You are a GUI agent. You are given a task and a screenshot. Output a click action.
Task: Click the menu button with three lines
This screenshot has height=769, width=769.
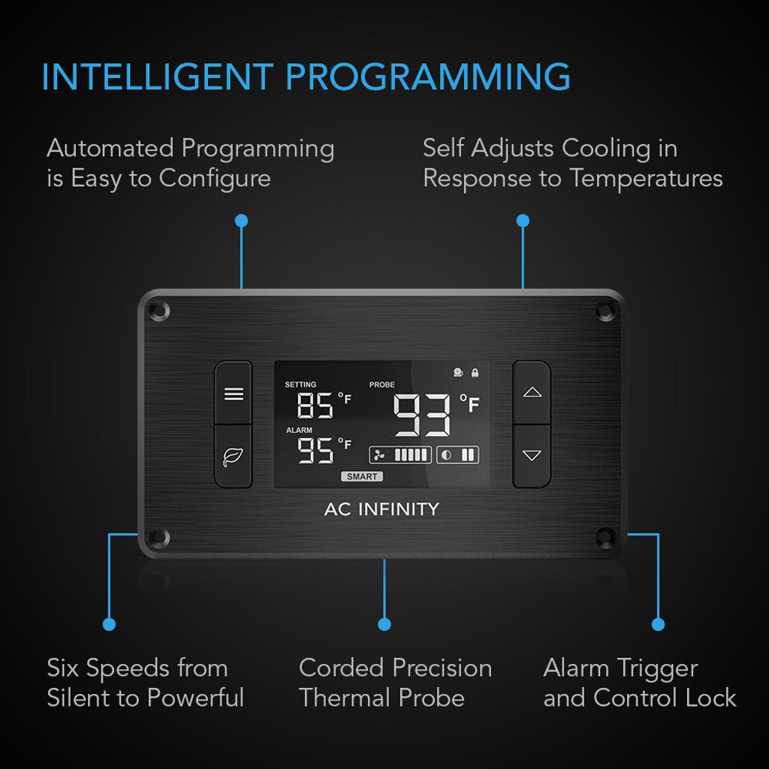pyautogui.click(x=234, y=394)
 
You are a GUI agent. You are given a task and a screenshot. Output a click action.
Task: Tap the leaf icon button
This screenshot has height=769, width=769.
pyautogui.click(x=234, y=456)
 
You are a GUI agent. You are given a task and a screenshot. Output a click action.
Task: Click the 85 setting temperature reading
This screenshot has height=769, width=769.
pyautogui.click(x=315, y=406)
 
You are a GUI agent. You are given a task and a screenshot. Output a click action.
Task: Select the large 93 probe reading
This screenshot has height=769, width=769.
pyautogui.click(x=423, y=415)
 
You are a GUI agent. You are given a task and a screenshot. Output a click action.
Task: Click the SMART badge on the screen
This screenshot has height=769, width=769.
pyautogui.click(x=362, y=477)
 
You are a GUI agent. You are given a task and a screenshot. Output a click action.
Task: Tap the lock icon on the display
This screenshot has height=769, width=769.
pyautogui.click(x=475, y=372)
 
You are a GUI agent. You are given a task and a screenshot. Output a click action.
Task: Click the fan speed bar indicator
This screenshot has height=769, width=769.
pyautogui.click(x=400, y=454)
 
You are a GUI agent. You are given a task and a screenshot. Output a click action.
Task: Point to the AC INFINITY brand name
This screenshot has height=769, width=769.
pyautogui.click(x=381, y=509)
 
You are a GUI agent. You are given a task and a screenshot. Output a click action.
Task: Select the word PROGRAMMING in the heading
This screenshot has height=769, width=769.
pyautogui.click(x=428, y=77)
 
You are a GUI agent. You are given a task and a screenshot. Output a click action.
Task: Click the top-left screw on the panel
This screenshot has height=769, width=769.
pyautogui.click(x=158, y=309)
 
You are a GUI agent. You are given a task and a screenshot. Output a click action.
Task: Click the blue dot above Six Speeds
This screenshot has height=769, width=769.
pyautogui.click(x=110, y=624)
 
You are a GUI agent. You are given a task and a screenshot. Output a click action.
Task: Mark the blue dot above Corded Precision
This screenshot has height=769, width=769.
pyautogui.click(x=384, y=624)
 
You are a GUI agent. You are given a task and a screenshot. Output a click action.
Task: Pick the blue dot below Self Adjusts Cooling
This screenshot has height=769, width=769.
pyautogui.click(x=523, y=221)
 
